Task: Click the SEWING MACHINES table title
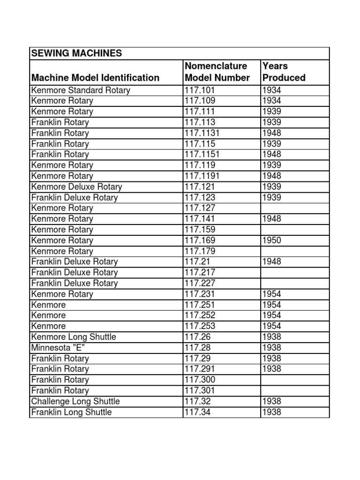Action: click(x=76, y=53)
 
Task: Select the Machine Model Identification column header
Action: click(x=95, y=78)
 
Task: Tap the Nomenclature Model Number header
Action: click(x=217, y=72)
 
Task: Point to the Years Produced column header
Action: click(x=284, y=72)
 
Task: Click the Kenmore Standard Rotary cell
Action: click(x=80, y=90)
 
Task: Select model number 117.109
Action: click(x=202, y=101)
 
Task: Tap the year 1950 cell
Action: click(x=272, y=240)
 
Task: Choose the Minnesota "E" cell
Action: click(x=53, y=348)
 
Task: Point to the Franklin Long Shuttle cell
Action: click(x=71, y=412)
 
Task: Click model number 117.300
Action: click(x=202, y=380)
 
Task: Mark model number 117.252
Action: click(x=202, y=315)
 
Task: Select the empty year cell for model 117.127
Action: click(x=295, y=208)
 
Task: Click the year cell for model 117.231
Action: click(x=272, y=294)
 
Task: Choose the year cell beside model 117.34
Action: click(x=272, y=412)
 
